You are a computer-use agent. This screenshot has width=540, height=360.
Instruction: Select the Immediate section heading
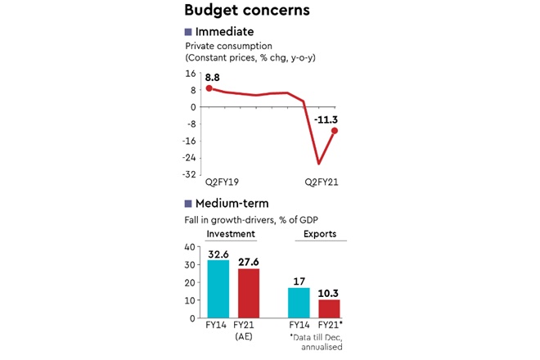(x=224, y=32)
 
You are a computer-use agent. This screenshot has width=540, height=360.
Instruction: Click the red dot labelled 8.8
(x=209, y=88)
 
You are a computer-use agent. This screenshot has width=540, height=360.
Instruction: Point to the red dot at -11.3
(x=335, y=131)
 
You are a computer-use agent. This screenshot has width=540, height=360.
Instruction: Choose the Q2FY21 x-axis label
(x=322, y=183)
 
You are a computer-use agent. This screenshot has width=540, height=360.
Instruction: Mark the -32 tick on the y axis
(x=191, y=173)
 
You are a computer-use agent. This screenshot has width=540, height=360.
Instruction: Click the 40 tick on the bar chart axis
(x=192, y=246)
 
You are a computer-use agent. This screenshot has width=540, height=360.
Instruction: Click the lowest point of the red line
(x=317, y=164)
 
